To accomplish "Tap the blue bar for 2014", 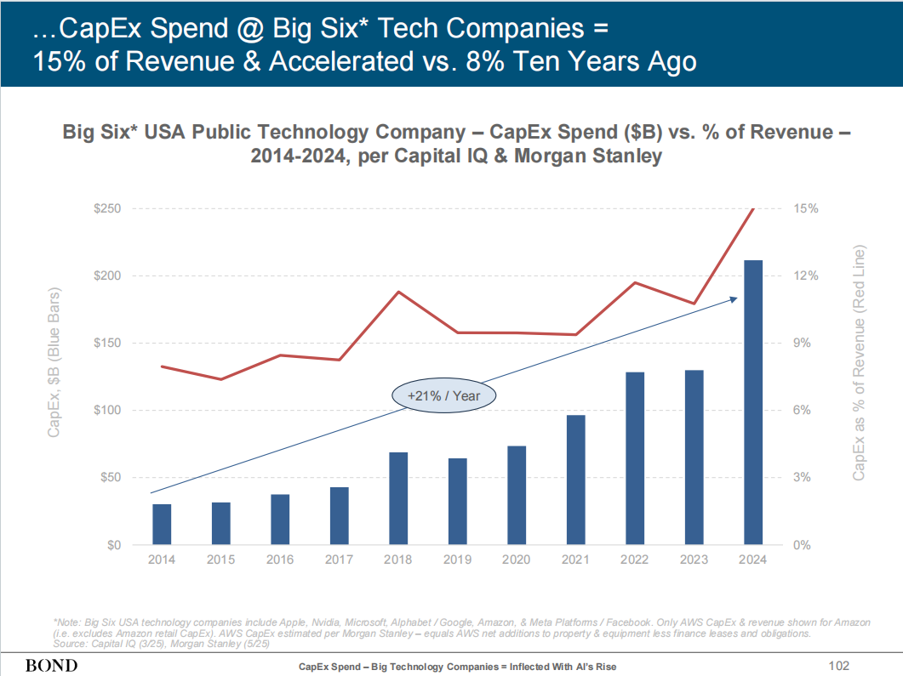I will coord(162,524).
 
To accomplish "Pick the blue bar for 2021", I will coord(575,480).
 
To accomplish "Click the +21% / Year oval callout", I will coord(443,396).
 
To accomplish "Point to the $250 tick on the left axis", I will coord(107,209).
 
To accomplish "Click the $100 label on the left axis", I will coord(107,411).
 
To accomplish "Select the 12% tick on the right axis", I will coord(805,276).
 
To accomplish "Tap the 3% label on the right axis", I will coord(805,478).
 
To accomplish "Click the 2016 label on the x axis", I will coord(280,560).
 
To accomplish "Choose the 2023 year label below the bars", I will coord(694,560).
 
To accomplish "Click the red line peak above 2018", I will coord(398,292).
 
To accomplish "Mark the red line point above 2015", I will coord(221,379).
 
